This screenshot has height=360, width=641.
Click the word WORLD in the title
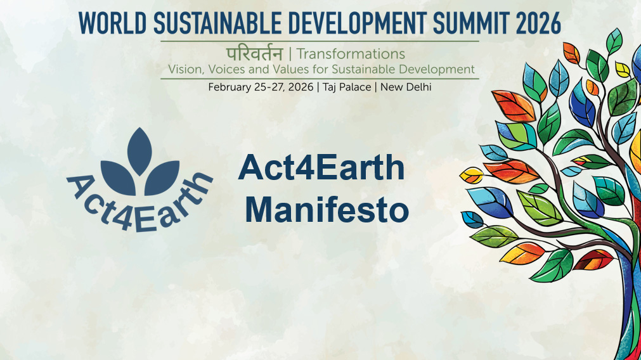(112, 23)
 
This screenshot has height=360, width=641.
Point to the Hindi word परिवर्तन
(254, 53)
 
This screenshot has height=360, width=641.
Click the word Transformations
(351, 54)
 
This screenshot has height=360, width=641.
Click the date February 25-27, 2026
(261, 87)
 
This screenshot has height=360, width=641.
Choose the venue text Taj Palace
(347, 87)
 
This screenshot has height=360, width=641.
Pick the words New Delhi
(406, 87)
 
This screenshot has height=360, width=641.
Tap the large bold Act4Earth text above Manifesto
(321, 167)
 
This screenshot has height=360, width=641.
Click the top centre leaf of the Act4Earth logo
(139, 151)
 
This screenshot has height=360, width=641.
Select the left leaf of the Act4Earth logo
(118, 177)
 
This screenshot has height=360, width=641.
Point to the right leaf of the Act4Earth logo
(162, 177)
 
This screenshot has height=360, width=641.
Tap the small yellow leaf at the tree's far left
(471, 176)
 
